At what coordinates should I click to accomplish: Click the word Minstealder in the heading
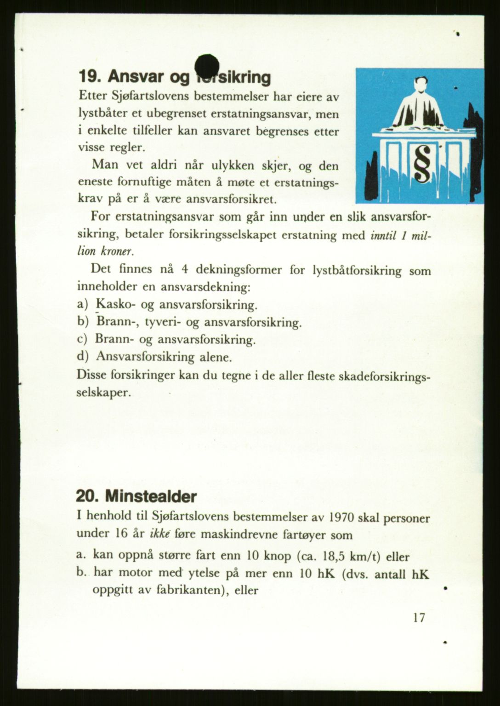[x=151, y=496]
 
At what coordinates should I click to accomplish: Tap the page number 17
[x=419, y=617]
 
